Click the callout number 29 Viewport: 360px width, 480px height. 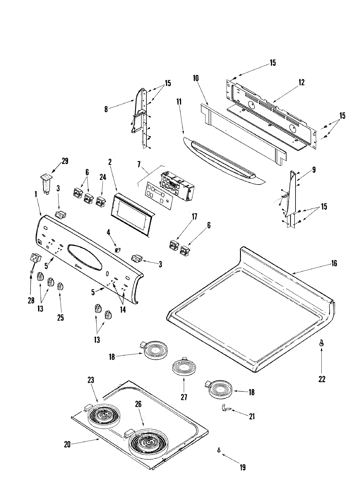(65, 161)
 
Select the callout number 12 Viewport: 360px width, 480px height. (301, 82)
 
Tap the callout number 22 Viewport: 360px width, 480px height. (322, 379)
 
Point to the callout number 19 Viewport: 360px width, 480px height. (242, 467)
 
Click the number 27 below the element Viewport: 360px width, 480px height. (184, 397)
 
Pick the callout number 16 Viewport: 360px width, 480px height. (334, 263)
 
